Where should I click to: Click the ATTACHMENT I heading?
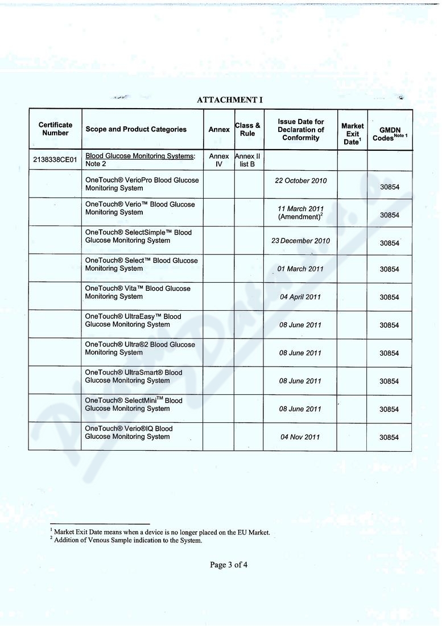tap(230, 100)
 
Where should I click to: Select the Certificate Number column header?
tap(55, 129)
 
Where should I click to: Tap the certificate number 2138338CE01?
tap(55, 160)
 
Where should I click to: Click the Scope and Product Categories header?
tap(136, 129)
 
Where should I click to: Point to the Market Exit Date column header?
tap(352, 134)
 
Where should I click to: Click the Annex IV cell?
tap(218, 160)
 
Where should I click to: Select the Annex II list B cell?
tap(248, 160)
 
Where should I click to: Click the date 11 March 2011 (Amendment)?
tap(300, 213)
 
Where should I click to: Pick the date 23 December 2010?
tap(300, 241)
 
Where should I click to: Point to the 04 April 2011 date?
tap(300, 297)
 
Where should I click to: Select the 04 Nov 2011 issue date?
tap(300, 437)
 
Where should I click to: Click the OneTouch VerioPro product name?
tap(142, 184)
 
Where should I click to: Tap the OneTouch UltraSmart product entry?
tap(134, 377)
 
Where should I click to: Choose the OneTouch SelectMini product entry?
tap(134, 405)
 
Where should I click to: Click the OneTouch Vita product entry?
tap(138, 293)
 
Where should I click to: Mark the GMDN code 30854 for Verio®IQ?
tap(390, 438)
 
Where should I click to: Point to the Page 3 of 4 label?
tap(229, 565)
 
